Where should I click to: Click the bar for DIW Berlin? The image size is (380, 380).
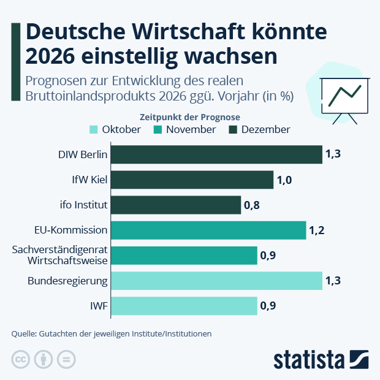pyautogui.click(x=216, y=154)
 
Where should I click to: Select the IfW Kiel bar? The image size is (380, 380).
pyautogui.click(x=192, y=180)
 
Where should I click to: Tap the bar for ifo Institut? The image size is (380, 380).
pyautogui.click(x=176, y=205)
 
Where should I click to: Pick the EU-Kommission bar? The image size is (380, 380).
pyautogui.click(x=208, y=230)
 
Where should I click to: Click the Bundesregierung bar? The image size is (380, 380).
pyautogui.click(x=216, y=281)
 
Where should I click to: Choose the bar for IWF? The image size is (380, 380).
pyautogui.click(x=184, y=306)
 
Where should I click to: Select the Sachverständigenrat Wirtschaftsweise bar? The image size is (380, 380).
pyautogui.click(x=184, y=256)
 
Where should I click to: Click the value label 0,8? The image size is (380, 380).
pyautogui.click(x=252, y=205)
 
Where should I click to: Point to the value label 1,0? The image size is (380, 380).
pyautogui.click(x=284, y=180)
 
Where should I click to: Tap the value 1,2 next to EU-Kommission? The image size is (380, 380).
pyautogui.click(x=317, y=230)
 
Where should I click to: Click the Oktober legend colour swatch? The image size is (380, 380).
pyautogui.click(x=94, y=129)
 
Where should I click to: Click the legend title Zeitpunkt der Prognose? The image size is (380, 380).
pyautogui.click(x=189, y=116)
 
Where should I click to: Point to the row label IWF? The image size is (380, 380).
pyautogui.click(x=99, y=306)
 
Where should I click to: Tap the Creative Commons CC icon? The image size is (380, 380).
pyautogui.click(x=21, y=360)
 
